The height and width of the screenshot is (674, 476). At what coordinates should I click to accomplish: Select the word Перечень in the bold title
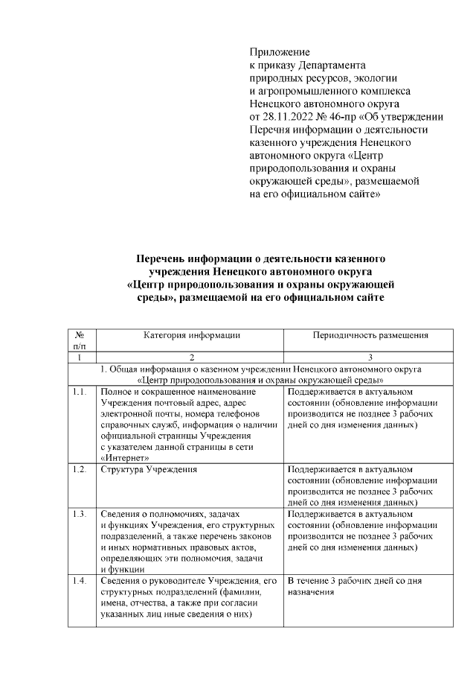click(166, 258)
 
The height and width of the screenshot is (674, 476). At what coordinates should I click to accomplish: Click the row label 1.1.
click(80, 392)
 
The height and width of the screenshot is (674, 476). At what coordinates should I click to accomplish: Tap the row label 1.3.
click(80, 515)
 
